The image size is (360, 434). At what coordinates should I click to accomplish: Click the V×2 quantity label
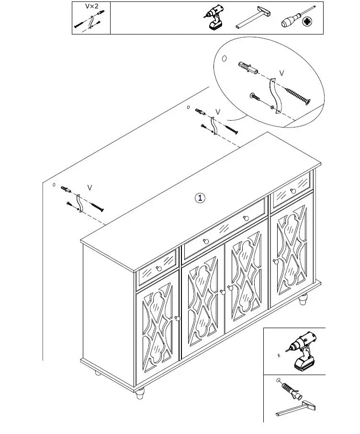(91, 6)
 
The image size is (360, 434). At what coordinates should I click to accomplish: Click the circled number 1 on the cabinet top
(201, 197)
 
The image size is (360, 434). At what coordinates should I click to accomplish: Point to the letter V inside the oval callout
(281, 73)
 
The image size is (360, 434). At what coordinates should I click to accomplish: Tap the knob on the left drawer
(158, 269)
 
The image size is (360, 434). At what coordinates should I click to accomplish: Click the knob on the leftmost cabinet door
(177, 318)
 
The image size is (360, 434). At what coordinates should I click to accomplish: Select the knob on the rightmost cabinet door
(275, 262)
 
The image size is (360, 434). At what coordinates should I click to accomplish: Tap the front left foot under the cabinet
(139, 394)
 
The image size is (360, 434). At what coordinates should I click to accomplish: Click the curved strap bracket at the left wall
(79, 203)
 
